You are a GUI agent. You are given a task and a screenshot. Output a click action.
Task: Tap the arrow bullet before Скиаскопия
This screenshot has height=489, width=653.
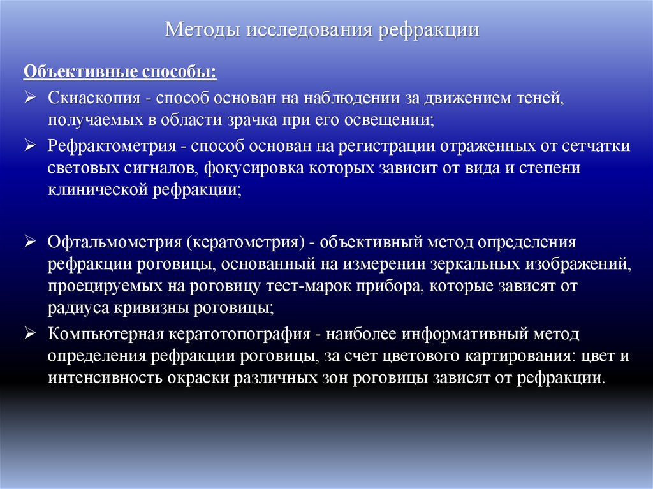coord(31,99)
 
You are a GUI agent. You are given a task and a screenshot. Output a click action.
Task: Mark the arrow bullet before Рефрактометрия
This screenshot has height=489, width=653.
coord(31,145)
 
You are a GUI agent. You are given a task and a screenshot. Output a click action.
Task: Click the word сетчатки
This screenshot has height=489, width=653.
coord(595,146)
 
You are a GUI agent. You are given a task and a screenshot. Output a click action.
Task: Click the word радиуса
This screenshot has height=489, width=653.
coord(73,309)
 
